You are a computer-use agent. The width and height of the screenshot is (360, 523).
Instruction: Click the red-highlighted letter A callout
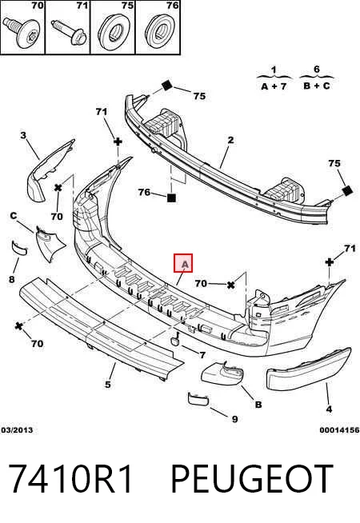point(183,263)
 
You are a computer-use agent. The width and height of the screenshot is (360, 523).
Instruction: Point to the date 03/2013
point(18,430)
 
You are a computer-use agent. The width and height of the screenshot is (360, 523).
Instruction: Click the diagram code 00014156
point(339,430)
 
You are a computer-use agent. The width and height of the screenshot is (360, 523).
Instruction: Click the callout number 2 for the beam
point(230,140)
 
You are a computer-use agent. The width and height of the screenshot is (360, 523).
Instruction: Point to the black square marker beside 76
point(171,198)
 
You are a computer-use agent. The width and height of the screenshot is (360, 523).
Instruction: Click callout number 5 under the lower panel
point(107,384)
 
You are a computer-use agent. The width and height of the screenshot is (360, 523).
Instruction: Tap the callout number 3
point(23,135)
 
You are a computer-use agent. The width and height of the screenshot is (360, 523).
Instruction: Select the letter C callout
point(14,216)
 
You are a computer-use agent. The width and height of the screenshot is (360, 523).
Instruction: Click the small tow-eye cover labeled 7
point(174,340)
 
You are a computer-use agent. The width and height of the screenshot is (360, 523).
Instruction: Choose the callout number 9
point(235,419)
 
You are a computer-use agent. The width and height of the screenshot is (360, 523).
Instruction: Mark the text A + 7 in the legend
point(274,86)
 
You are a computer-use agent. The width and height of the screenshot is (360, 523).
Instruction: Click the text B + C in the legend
point(316,86)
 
